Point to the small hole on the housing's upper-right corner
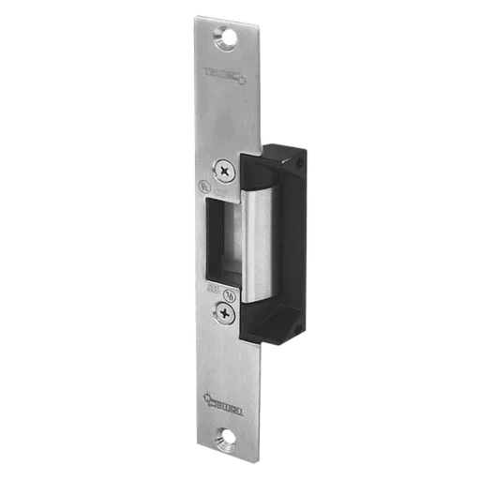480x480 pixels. [x=299, y=164]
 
